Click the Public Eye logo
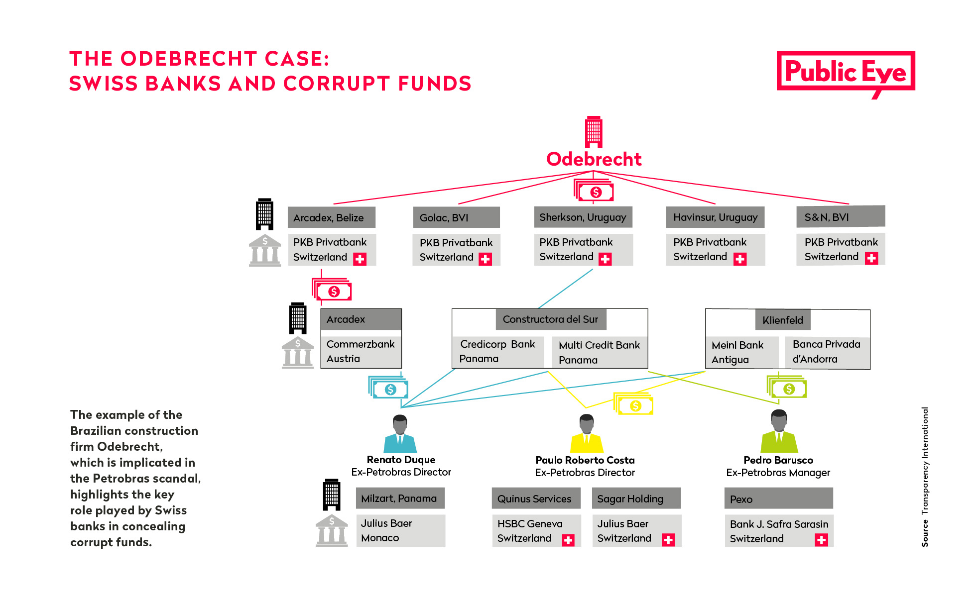tap(846, 74)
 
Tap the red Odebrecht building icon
tap(594, 132)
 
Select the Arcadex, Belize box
tap(332, 217)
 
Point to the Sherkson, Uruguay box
tap(583, 217)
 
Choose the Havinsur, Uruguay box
tap(715, 217)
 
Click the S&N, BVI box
tap(841, 216)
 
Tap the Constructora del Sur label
tap(551, 319)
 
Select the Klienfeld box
tap(783, 320)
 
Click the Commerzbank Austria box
tap(361, 351)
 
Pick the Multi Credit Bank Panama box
tap(600, 352)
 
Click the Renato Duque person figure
tap(400, 433)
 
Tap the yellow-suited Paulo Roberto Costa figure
tap(587, 433)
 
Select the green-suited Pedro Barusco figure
tap(779, 431)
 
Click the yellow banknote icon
tap(633, 404)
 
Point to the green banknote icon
tap(787, 387)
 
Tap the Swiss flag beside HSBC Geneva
tap(568, 540)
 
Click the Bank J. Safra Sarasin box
tap(779, 531)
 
